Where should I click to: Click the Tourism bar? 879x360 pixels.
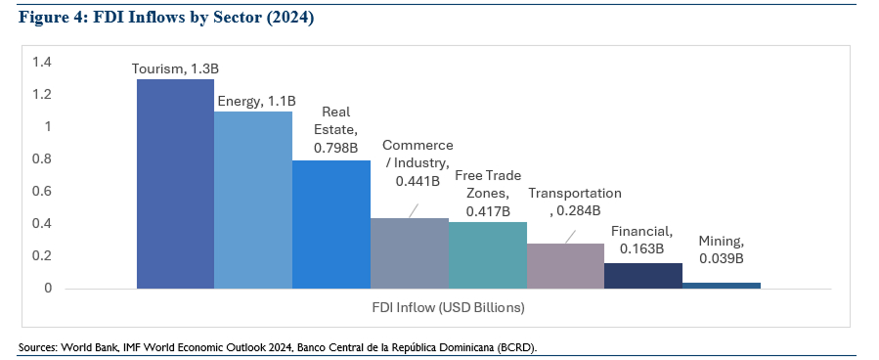click(175, 184)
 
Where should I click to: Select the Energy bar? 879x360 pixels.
click(253, 200)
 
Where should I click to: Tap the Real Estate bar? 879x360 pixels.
click(331, 224)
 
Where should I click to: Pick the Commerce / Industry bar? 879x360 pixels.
click(409, 253)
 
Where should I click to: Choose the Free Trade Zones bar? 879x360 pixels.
click(487, 255)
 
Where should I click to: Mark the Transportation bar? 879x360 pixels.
click(565, 266)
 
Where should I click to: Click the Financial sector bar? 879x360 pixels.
click(642, 276)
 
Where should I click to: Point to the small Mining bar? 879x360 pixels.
click(721, 286)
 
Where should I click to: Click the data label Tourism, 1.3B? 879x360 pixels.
click(174, 68)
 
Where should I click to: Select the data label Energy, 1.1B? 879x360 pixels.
click(254, 100)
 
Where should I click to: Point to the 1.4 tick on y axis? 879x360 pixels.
click(41, 63)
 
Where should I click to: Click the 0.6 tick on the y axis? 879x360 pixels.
click(41, 192)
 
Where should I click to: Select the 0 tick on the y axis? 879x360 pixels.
click(46, 289)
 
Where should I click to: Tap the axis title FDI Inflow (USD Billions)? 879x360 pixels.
click(448, 308)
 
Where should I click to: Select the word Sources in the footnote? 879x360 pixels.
click(37, 347)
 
